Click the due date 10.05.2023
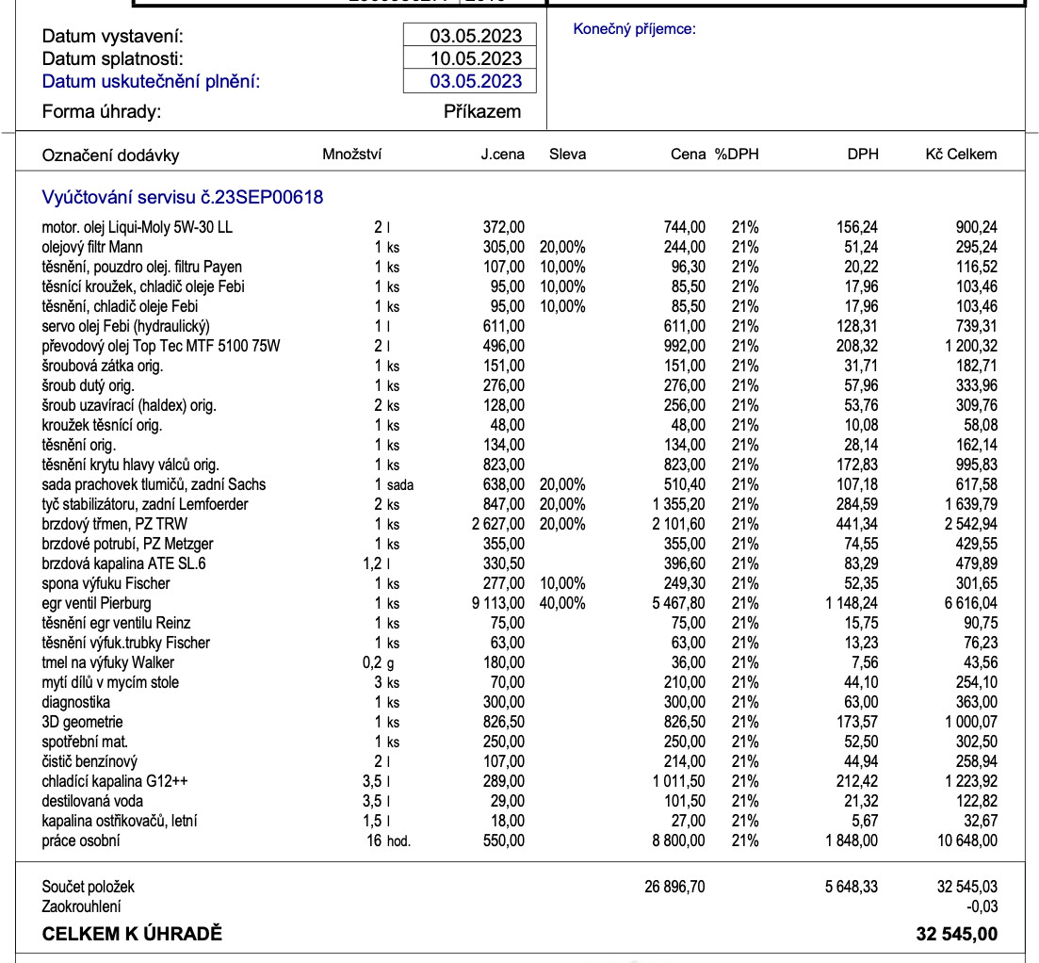coord(476,58)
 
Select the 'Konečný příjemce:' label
coord(634,29)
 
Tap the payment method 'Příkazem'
coord(482,111)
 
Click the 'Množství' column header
coord(352,155)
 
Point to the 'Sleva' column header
coord(567,155)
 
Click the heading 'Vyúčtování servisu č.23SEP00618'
coord(183,197)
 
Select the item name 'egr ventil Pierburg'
coord(96,603)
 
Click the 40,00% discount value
coord(562,603)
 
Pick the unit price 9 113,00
coord(497,603)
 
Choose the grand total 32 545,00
coord(956,935)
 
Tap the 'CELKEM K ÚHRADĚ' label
coord(132,935)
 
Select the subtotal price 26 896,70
coord(674,887)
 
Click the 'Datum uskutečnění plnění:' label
coord(151,81)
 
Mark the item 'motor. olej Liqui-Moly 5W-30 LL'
coord(137,227)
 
